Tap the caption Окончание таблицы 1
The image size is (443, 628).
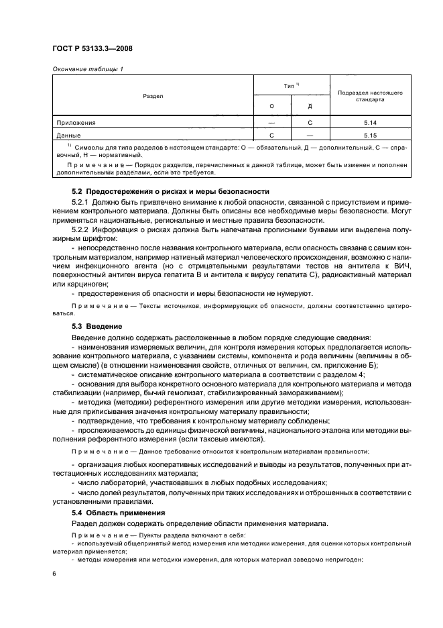tap(87, 69)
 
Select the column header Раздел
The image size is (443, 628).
tap(153, 96)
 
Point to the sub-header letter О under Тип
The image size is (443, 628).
tap(271, 106)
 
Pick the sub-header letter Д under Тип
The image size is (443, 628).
tap(310, 106)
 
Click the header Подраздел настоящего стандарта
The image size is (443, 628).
tap(370, 95)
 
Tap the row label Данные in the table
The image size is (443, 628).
tap(70, 135)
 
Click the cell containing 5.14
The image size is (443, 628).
tap(370, 123)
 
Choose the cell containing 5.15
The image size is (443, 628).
tap(370, 135)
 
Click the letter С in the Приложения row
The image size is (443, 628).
tap(310, 123)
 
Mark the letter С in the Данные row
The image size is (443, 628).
tap(271, 135)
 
